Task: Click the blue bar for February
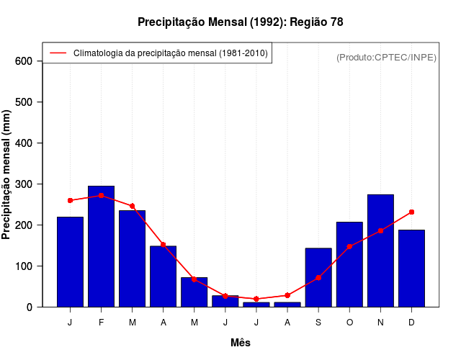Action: point(101,246)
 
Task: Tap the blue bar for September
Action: point(318,277)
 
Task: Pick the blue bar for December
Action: point(411,268)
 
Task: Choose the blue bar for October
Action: point(349,264)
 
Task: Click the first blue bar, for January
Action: point(70,261)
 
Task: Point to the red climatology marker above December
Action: point(411,212)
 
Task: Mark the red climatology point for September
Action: point(318,277)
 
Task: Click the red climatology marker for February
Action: point(101,195)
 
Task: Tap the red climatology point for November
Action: point(380,230)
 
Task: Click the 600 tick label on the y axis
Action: point(24,61)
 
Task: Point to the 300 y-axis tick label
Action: point(24,184)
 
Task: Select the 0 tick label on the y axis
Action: point(29,307)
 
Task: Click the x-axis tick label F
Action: point(101,323)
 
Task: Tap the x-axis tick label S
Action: point(318,323)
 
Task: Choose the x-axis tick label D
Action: point(411,323)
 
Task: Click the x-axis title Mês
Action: point(241,343)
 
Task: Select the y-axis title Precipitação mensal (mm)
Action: point(7,175)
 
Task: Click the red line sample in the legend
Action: point(58,53)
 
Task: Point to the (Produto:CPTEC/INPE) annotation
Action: point(386,57)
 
